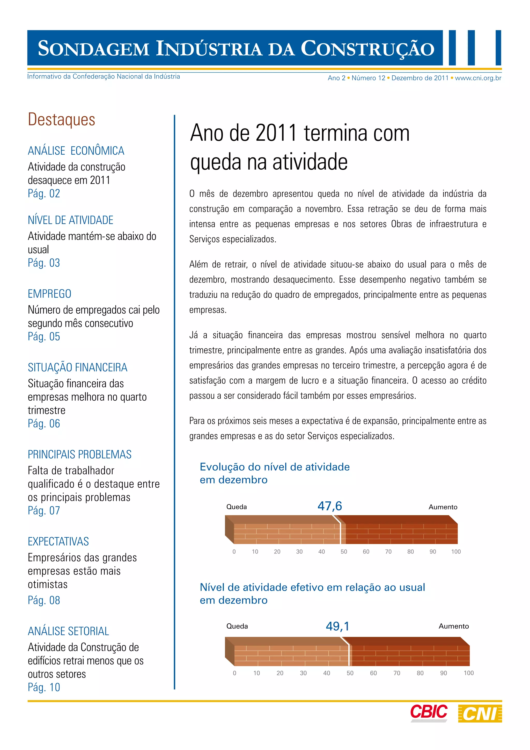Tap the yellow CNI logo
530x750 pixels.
pos(480,713)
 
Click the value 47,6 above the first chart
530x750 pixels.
pos(330,506)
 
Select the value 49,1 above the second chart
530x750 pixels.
pos(337,626)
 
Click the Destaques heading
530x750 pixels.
pos(61,120)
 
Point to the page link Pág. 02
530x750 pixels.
pos(44,193)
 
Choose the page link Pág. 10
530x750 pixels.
pos(44,687)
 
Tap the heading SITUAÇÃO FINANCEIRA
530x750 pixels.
pos(77,367)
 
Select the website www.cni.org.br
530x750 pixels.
pos(478,78)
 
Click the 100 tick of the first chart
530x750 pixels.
pos(456,552)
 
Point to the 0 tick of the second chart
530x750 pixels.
pos(234,673)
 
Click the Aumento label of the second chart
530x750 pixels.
pos(454,626)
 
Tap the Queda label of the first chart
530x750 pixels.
pos(237,507)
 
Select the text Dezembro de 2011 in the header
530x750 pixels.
pos(420,78)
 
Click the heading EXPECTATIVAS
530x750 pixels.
pos(58,542)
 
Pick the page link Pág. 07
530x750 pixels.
pos(44,510)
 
